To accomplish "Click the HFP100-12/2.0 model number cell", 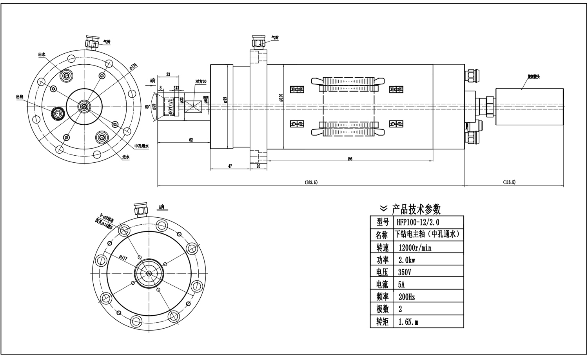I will pos(418,222).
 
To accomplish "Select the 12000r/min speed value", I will pos(415,247).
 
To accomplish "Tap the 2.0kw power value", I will pos(407,260).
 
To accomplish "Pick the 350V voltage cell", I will pos(405,272).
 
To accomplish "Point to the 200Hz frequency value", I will pos(407,297).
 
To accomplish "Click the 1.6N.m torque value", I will pos(408,322).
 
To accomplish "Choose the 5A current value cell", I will pos(401,285).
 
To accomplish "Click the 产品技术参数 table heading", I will pos(416,209).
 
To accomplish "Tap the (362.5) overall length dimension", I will pos(311,182).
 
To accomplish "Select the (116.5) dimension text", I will pos(509,182).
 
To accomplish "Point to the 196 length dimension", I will pos(350,159).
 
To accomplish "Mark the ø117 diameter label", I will pos(123,258).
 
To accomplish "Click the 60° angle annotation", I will pos(148,107).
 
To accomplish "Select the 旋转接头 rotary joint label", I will pos(534,77).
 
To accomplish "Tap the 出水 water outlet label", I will pos(42,55).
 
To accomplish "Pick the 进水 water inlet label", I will pos(126,157).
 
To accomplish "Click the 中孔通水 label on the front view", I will pos(142,146).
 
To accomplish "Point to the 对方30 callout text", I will pos(201,81).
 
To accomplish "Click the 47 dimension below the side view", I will pos(230,166).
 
